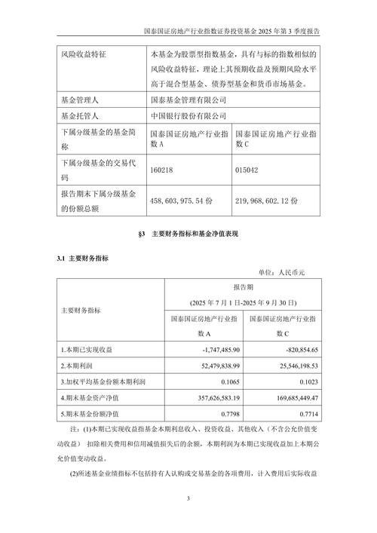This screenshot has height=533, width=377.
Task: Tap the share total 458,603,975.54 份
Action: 185,201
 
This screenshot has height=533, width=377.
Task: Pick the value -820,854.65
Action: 298,351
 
